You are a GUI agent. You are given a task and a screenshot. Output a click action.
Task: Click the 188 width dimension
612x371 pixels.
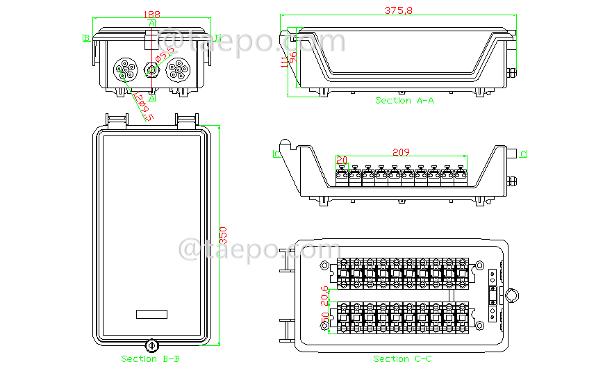[x=151, y=14]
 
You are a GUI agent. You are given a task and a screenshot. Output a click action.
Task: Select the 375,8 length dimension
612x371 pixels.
[x=397, y=10]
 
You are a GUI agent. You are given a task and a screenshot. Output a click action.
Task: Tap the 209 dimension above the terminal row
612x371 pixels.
[x=401, y=151]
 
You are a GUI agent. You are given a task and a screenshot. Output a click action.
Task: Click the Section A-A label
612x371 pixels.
[x=404, y=101]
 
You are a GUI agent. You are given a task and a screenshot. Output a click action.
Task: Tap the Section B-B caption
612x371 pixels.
[x=151, y=359]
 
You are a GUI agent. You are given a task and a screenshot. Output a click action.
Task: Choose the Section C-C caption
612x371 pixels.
[x=403, y=359]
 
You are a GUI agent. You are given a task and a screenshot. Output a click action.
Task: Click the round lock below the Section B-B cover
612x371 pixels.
[x=151, y=345]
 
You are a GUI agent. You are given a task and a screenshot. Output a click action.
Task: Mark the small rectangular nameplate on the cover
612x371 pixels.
[x=151, y=314]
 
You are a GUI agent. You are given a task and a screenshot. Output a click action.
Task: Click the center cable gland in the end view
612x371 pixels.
[x=151, y=70]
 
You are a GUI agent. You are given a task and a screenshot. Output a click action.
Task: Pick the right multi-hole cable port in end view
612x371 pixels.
[x=178, y=70]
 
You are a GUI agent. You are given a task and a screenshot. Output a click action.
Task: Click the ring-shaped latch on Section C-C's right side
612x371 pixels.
[x=511, y=295]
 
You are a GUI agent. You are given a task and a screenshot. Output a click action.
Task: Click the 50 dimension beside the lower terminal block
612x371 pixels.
[x=324, y=322]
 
